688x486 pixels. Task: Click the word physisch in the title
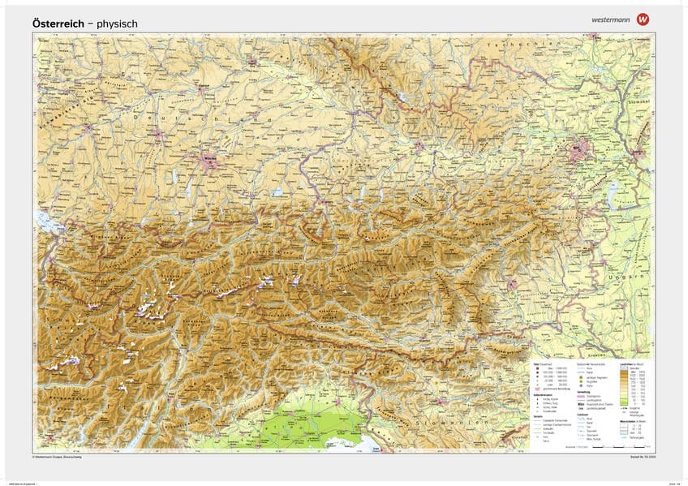coord(117,24)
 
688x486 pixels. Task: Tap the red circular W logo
coord(644,19)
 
